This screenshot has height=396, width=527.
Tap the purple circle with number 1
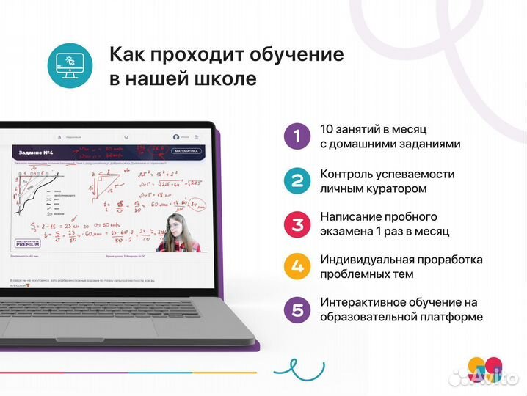pyautogui.click(x=297, y=136)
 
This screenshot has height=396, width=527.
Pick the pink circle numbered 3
pyautogui.click(x=297, y=223)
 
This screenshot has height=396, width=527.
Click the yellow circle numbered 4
pyautogui.click(x=297, y=266)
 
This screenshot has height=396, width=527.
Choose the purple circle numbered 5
pyautogui.click(x=297, y=309)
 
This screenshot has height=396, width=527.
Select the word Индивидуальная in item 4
pyautogui.click(x=368, y=260)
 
